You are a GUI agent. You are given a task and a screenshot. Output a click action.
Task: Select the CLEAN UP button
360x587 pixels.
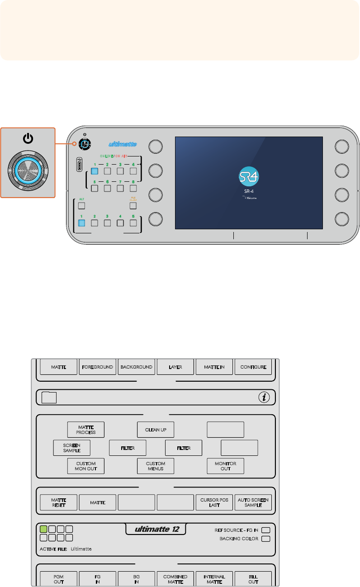156,429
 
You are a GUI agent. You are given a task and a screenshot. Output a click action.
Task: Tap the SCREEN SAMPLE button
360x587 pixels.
72,447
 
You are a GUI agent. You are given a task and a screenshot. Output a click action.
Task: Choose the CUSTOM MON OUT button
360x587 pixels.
86,466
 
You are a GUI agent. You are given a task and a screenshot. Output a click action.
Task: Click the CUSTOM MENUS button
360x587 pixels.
156,466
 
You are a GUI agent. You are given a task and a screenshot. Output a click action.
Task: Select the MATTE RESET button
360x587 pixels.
59,502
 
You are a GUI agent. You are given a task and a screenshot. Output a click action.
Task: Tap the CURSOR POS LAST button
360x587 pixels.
214,502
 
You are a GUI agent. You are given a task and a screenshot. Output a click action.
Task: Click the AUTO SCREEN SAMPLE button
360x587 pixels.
253,502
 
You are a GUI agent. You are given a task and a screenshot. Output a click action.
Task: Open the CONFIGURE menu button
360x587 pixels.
253,367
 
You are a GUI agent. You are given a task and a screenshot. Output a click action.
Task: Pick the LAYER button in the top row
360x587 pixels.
175,367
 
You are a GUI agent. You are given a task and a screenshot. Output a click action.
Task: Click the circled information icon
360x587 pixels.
264,398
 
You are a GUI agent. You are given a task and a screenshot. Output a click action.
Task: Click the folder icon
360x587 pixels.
48,398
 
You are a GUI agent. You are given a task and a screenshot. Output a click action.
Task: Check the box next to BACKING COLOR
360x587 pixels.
266,539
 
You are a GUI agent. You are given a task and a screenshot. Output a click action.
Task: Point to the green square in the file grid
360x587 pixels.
43,529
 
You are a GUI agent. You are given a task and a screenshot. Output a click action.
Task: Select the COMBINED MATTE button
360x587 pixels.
175,579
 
